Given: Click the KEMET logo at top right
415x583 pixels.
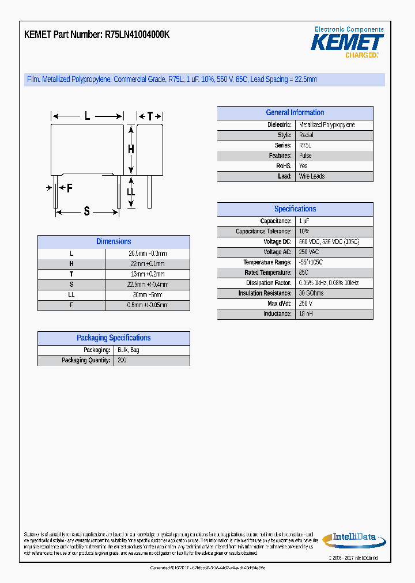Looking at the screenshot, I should click(x=347, y=42).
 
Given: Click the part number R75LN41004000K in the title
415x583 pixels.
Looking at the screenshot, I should click(x=137, y=35).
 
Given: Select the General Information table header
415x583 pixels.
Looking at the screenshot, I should click(x=295, y=113).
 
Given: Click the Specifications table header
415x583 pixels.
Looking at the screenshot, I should click(x=295, y=209).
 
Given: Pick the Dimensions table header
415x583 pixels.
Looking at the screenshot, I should click(x=114, y=242).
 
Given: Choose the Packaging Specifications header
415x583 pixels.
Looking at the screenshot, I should click(x=114, y=338).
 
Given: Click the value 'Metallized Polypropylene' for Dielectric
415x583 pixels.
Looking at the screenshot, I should click(x=327, y=125).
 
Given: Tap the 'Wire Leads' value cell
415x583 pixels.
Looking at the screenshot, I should click(x=312, y=176).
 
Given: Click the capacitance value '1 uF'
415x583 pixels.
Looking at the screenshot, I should click(x=304, y=221).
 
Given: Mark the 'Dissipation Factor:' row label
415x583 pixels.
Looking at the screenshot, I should click(x=269, y=283).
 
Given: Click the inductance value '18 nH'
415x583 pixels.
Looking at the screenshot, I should click(x=305, y=314).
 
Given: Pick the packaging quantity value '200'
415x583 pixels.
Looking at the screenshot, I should click(x=122, y=360).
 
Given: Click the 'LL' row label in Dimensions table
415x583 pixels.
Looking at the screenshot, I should click(x=71, y=294).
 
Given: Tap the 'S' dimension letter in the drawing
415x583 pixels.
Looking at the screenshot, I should click(x=87, y=211).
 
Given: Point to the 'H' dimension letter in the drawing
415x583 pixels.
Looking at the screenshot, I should click(x=131, y=149).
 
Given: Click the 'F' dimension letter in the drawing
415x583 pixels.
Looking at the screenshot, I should click(x=70, y=188).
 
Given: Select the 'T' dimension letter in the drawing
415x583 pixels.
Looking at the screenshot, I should click(x=150, y=116).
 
